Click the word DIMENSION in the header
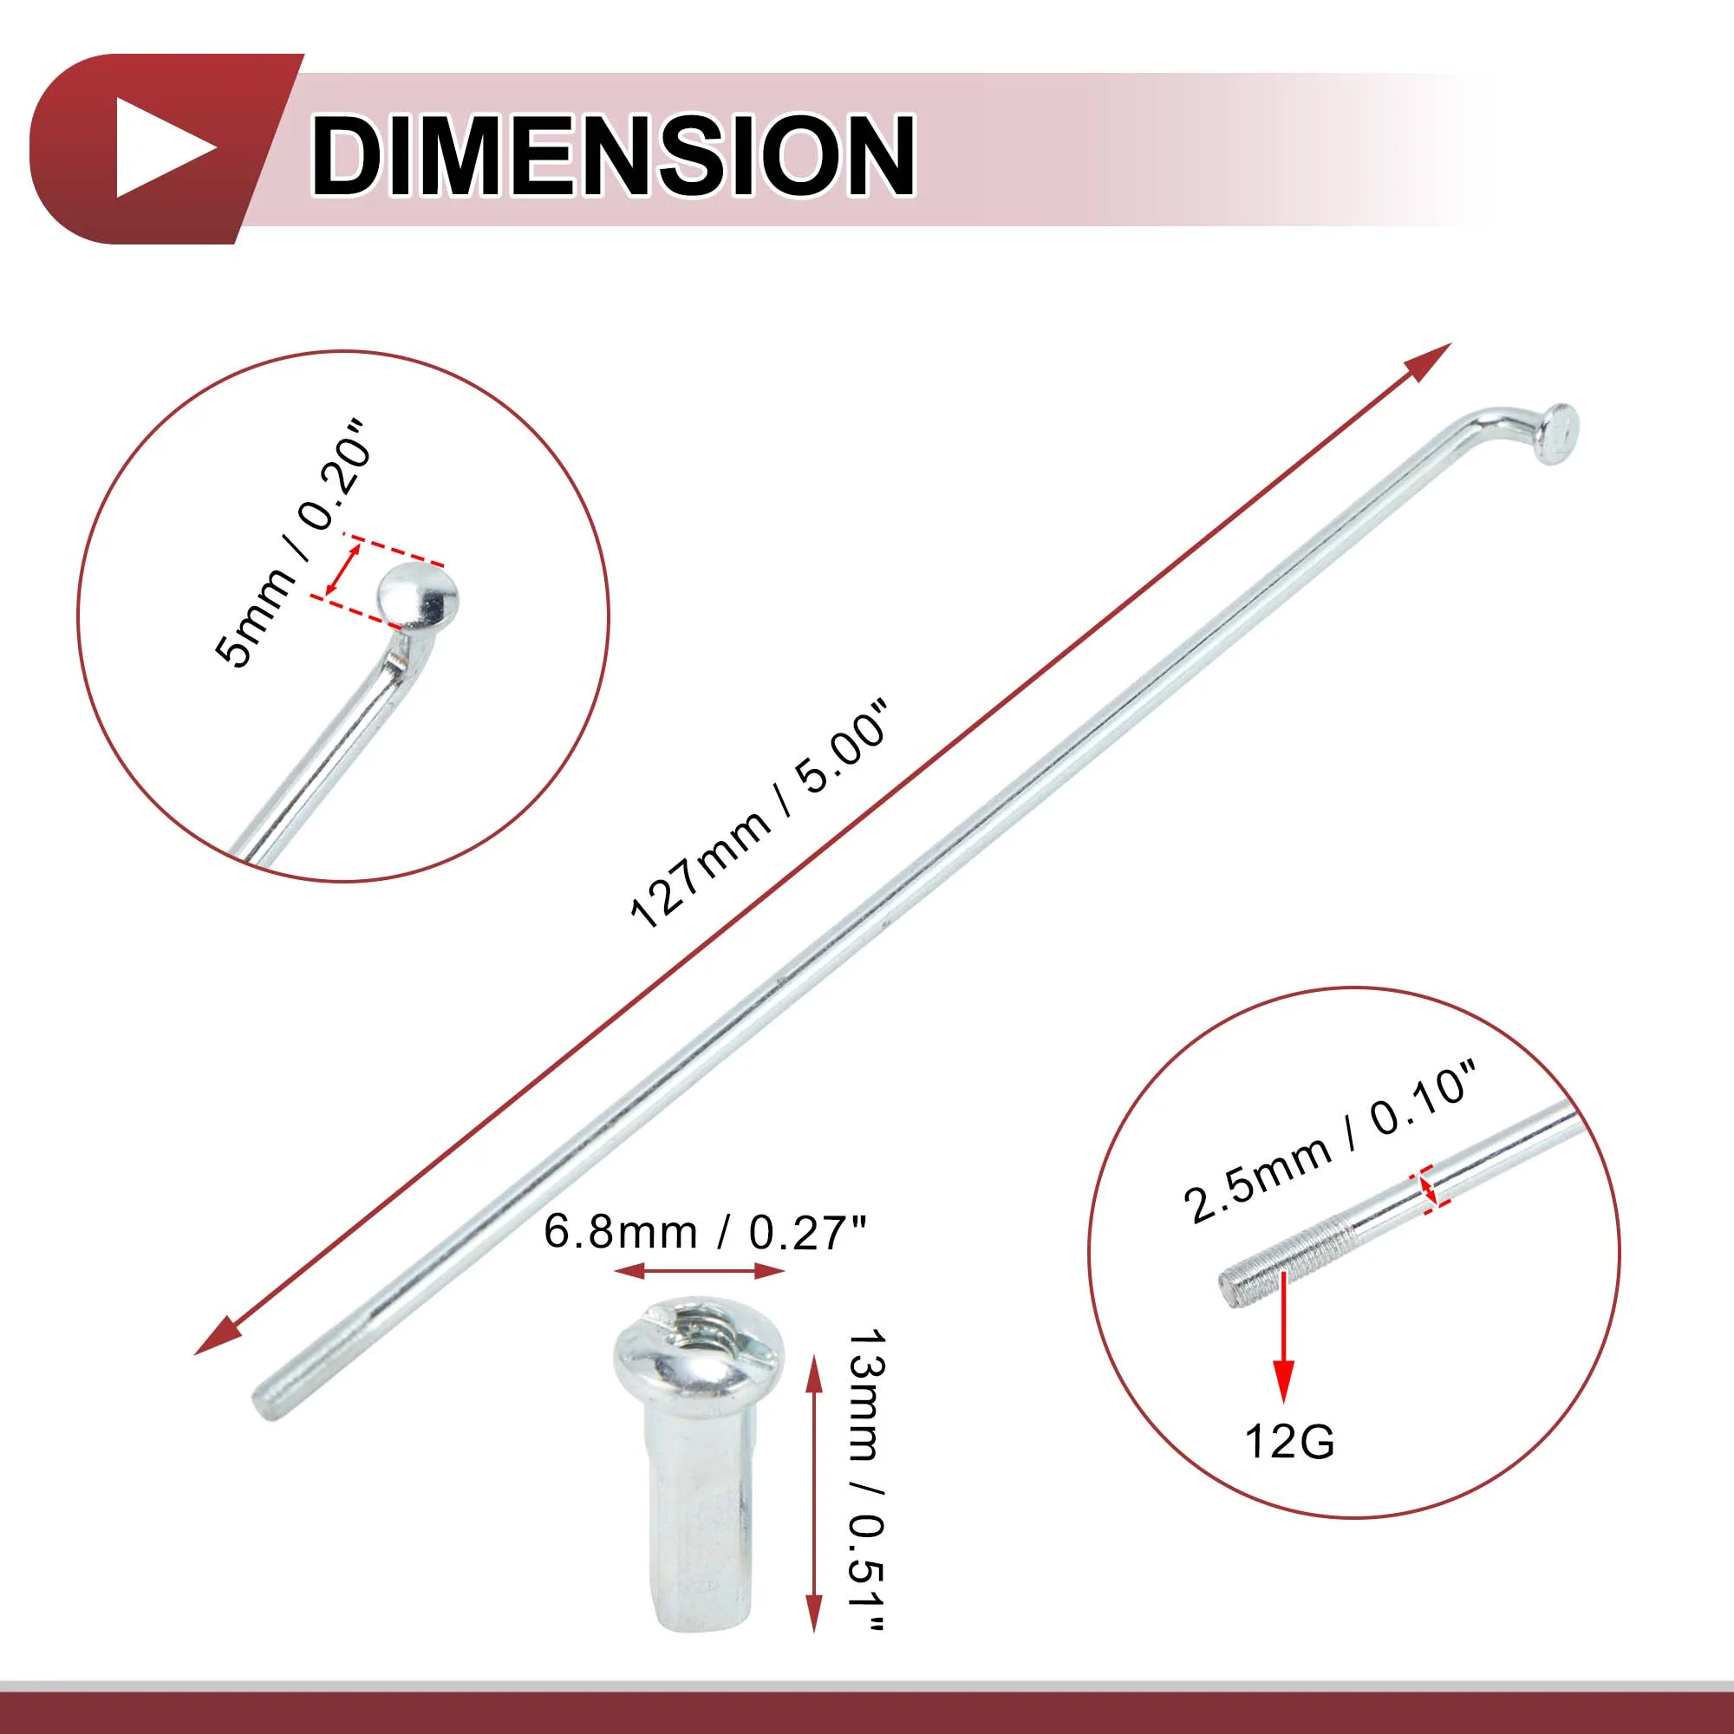(613, 154)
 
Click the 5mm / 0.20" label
(292, 543)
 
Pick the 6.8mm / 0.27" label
(707, 1232)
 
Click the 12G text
(1290, 1443)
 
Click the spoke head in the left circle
(417, 595)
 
